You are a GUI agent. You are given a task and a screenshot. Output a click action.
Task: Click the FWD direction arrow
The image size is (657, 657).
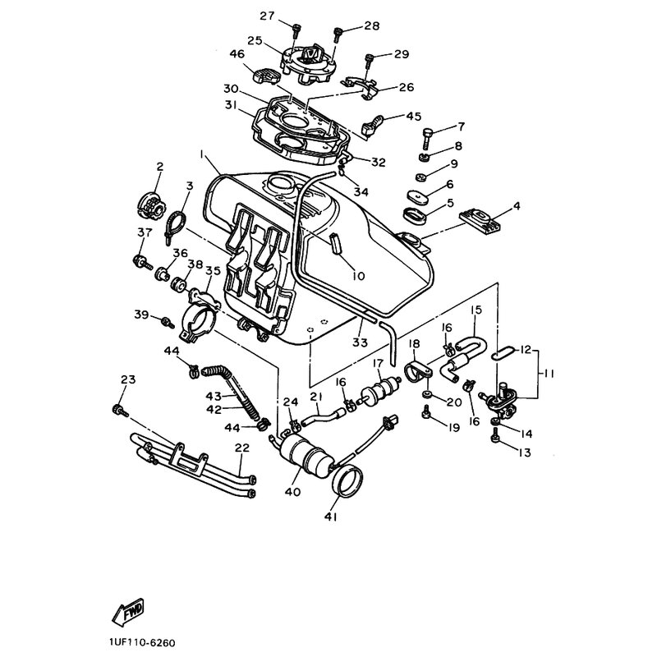[x=128, y=612]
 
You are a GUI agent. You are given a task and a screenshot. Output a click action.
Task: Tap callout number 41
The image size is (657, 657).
[x=331, y=517]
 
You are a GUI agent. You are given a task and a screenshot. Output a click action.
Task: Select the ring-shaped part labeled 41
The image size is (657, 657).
[x=347, y=482]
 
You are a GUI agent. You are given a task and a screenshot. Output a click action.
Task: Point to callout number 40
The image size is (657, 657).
[x=292, y=491]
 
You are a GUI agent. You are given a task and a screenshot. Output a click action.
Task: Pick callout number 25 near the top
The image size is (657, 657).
[x=255, y=40]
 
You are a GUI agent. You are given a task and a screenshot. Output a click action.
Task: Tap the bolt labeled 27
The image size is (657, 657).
[x=296, y=30]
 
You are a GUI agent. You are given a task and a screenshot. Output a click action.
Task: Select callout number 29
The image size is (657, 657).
[x=402, y=54]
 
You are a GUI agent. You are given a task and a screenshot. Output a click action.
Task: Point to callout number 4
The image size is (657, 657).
[x=517, y=206]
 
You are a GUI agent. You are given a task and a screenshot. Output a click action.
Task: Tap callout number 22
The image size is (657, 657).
[x=242, y=448]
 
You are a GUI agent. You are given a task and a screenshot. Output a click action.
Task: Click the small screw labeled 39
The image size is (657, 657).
[x=168, y=322]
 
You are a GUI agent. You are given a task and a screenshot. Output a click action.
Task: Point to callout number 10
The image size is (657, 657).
[x=359, y=276]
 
